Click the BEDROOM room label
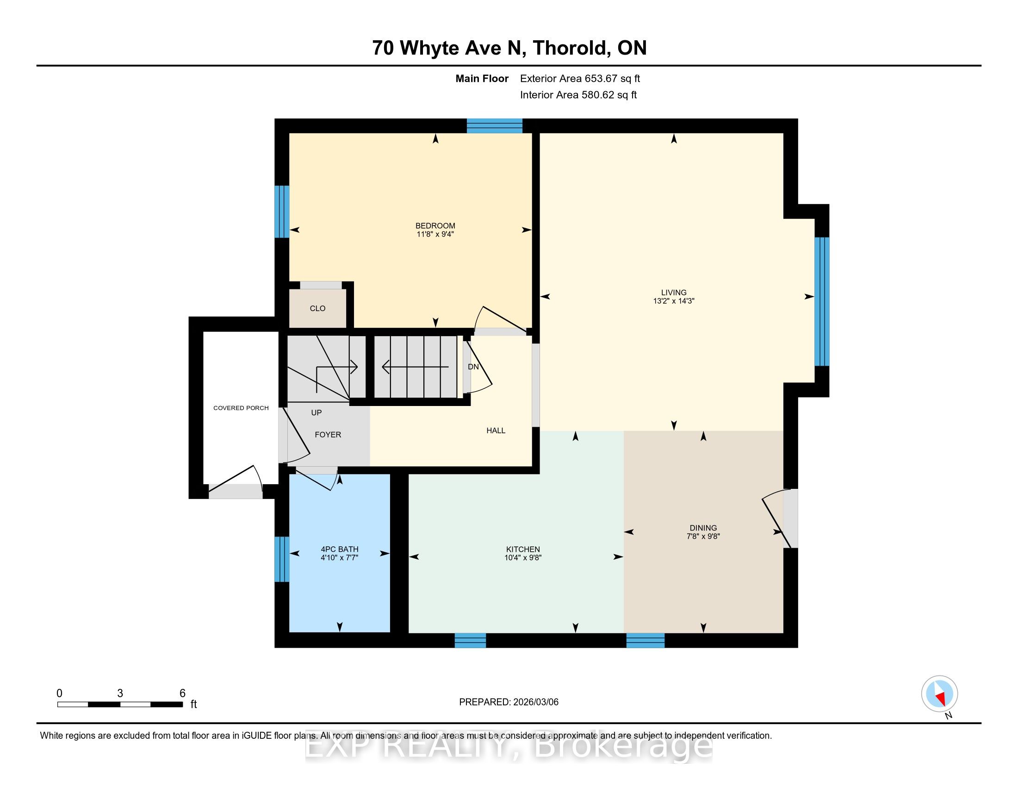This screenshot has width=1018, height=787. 435,225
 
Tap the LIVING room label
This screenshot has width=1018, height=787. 674,293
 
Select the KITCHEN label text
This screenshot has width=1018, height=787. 523,550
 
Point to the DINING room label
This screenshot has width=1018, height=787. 703,528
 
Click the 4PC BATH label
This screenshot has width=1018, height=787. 339,550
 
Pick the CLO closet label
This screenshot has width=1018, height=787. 317,309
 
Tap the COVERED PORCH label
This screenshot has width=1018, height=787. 241,408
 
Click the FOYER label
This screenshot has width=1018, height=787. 328,435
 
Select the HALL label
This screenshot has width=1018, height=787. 496,431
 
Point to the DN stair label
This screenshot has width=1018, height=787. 473,367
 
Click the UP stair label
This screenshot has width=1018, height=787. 317,412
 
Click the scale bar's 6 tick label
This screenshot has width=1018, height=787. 182,693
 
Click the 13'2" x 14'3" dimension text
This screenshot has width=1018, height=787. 674,301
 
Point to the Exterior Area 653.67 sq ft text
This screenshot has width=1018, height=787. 580,79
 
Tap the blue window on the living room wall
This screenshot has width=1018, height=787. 822,301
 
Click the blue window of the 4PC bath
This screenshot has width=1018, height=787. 281,559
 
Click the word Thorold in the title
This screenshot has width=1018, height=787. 571,48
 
